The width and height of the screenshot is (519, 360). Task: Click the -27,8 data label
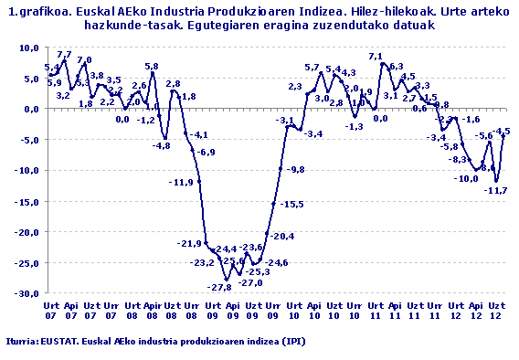click(217, 288)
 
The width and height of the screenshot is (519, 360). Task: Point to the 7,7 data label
click(64, 55)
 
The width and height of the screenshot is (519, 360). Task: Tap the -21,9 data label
click(189, 243)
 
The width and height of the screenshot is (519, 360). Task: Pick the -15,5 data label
click(292, 204)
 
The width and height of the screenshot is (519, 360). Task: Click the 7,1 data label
click(375, 57)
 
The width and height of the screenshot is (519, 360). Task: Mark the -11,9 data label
click(182, 183)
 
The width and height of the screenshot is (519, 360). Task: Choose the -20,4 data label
click(282, 237)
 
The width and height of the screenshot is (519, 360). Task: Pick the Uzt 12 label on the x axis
click(496, 309)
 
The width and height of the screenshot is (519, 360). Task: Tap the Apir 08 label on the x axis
click(152, 309)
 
